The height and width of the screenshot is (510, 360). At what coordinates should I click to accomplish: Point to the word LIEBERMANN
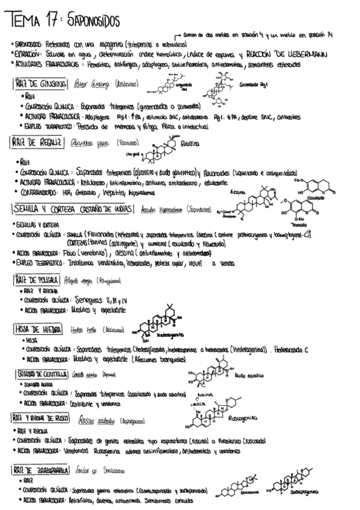click(x=305, y=54)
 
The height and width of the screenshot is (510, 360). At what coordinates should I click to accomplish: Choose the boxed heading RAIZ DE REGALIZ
click(x=37, y=142)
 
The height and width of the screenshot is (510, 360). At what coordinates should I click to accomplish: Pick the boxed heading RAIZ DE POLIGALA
click(x=37, y=279)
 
